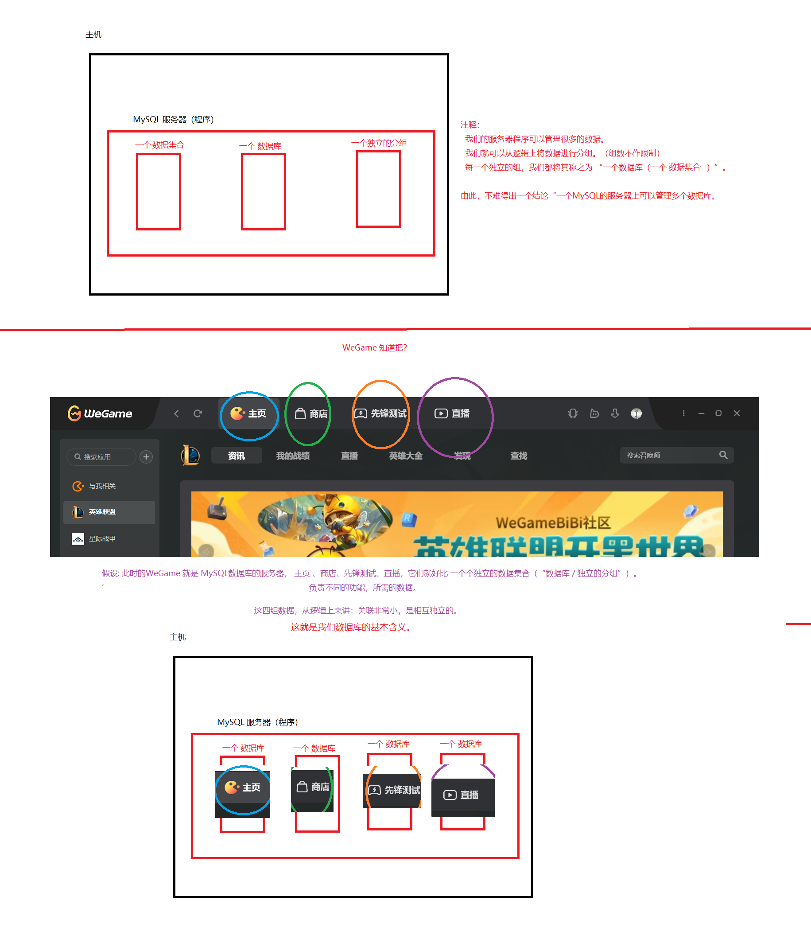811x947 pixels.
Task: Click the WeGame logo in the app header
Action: [x=100, y=413]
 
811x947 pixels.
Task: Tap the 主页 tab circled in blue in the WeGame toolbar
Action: [x=249, y=413]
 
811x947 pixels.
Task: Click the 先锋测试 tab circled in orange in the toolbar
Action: [x=380, y=413]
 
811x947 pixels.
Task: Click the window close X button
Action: [x=737, y=413]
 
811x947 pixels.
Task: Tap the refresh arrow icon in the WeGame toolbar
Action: [x=198, y=413]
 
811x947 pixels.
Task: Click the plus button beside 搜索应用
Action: [x=146, y=456]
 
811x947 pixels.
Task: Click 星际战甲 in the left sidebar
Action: [x=102, y=538]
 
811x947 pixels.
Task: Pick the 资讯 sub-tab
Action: [x=236, y=456]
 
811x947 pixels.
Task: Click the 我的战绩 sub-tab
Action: [x=293, y=456]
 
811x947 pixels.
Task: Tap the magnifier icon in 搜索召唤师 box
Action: [x=723, y=455]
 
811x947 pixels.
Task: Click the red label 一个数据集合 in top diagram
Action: [x=159, y=145]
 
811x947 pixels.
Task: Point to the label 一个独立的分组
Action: [x=379, y=143]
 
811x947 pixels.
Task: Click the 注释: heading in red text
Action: [x=470, y=125]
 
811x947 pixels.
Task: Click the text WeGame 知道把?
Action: [x=374, y=347]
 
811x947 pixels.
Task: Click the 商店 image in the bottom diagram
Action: [x=313, y=787]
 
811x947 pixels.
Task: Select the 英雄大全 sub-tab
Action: [x=405, y=456]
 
